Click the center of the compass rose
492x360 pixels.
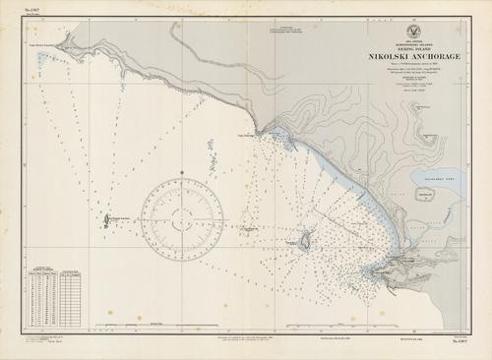pyautogui.click(x=182, y=210)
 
